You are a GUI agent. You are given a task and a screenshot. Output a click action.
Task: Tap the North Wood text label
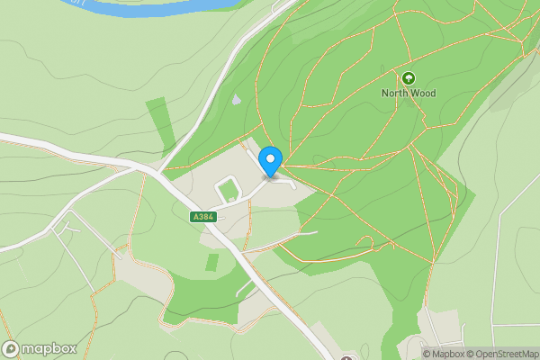pyautogui.click(x=409, y=93)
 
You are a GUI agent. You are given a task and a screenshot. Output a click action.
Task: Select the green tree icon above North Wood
pyautogui.click(x=409, y=78)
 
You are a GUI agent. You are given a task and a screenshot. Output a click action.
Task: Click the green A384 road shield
pyautogui.click(x=203, y=217)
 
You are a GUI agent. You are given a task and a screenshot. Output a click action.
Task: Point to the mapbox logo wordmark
pyautogui.click(x=49, y=348)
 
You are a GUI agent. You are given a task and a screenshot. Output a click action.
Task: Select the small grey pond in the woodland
pyautogui.click(x=236, y=100)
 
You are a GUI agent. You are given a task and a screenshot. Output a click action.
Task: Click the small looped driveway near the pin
pyautogui.click(x=228, y=189)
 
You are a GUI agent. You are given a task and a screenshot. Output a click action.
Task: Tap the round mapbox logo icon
pyautogui.click(x=12, y=348)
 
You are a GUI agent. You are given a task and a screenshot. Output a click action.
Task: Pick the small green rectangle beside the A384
pyautogui.click(x=211, y=263)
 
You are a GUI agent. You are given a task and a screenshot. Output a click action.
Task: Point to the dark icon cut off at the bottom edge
pyautogui.click(x=346, y=357)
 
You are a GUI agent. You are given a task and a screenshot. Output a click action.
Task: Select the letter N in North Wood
pyautogui.click(x=386, y=93)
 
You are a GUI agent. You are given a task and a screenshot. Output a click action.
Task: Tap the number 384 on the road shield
pyautogui.click(x=207, y=217)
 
